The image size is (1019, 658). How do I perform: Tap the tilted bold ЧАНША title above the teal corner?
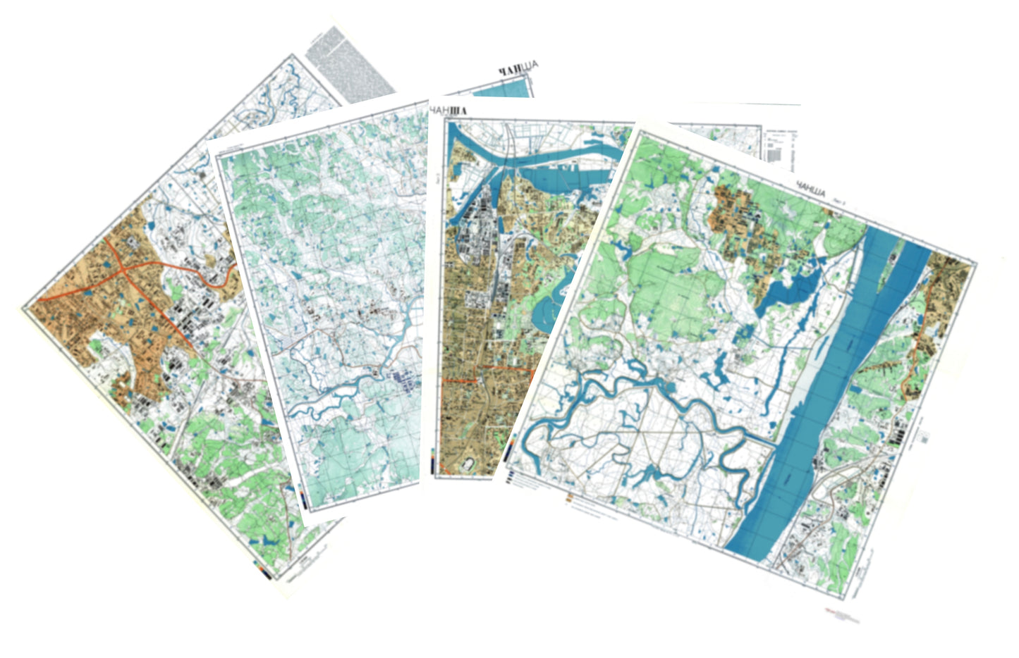click(518, 68)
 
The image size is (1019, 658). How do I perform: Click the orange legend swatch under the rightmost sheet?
click(569, 499)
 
